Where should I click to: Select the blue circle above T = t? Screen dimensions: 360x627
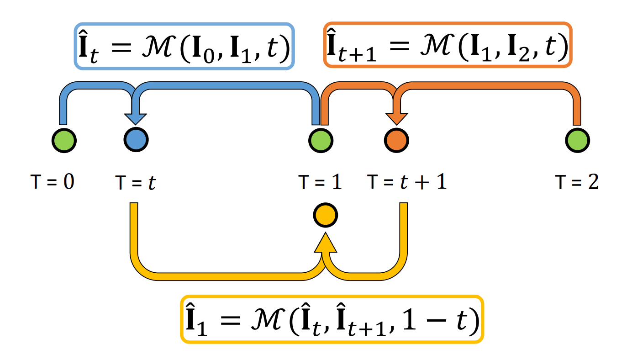click(x=136, y=139)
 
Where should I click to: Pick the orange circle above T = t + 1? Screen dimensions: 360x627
click(x=396, y=139)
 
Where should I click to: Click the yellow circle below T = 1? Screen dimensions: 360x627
click(x=325, y=216)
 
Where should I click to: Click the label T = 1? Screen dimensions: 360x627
click(x=320, y=182)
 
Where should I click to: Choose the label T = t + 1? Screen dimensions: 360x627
click(x=407, y=182)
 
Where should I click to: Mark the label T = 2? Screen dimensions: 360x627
click(x=577, y=182)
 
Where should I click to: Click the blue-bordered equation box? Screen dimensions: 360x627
click(x=184, y=47)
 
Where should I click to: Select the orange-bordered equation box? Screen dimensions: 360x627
click(x=448, y=45)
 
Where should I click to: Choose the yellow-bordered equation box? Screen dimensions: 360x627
click(x=332, y=319)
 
